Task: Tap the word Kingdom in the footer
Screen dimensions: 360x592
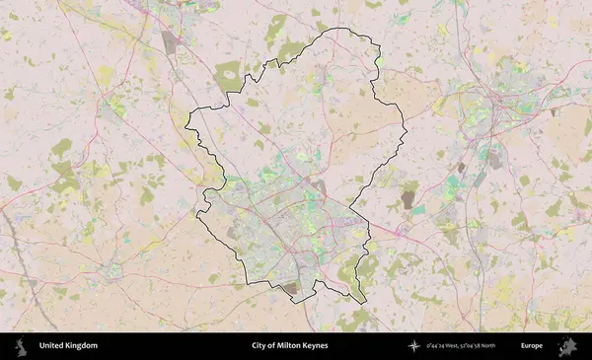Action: pos(82,346)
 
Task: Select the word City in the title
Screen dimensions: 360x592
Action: pos(260,346)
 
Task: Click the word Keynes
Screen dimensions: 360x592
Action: pos(316,346)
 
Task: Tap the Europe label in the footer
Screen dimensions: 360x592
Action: pos(533,346)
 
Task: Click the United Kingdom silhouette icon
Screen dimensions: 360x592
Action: pos(20,346)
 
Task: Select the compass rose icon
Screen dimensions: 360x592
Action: pos(414,346)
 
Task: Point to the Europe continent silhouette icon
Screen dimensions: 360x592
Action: pos(567,346)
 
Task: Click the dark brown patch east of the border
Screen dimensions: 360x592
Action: pos(408,200)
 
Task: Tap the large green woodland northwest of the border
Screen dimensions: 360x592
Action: pos(228,75)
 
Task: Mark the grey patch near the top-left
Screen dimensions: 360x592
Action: pos(170,41)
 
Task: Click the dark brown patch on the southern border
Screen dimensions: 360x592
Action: pos(290,288)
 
